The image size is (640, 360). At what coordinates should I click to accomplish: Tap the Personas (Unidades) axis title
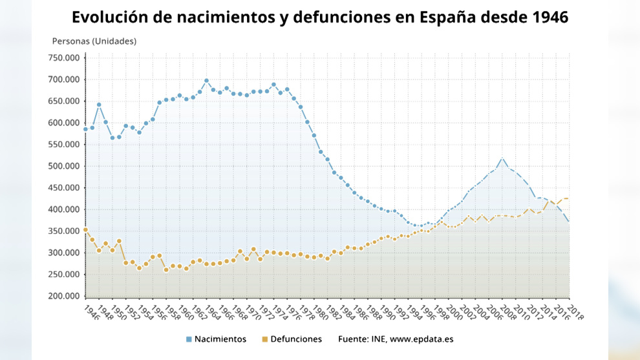[94, 41]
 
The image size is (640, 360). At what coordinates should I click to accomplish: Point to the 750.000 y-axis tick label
[64, 58]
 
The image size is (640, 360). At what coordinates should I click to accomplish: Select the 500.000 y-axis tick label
[64, 166]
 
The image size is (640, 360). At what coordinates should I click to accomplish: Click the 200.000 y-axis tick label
[64, 296]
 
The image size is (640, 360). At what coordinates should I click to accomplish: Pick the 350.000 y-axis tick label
[64, 231]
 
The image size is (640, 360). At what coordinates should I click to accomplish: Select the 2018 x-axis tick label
[574, 312]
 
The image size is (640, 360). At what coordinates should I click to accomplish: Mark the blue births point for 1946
[85, 129]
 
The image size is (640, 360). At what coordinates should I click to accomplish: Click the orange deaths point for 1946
[85, 229]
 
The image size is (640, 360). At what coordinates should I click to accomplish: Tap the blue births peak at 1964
[206, 81]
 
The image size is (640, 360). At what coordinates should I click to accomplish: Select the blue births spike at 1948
[99, 105]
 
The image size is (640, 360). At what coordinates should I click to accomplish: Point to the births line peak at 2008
[502, 158]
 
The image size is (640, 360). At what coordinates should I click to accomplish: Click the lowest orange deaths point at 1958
[166, 270]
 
